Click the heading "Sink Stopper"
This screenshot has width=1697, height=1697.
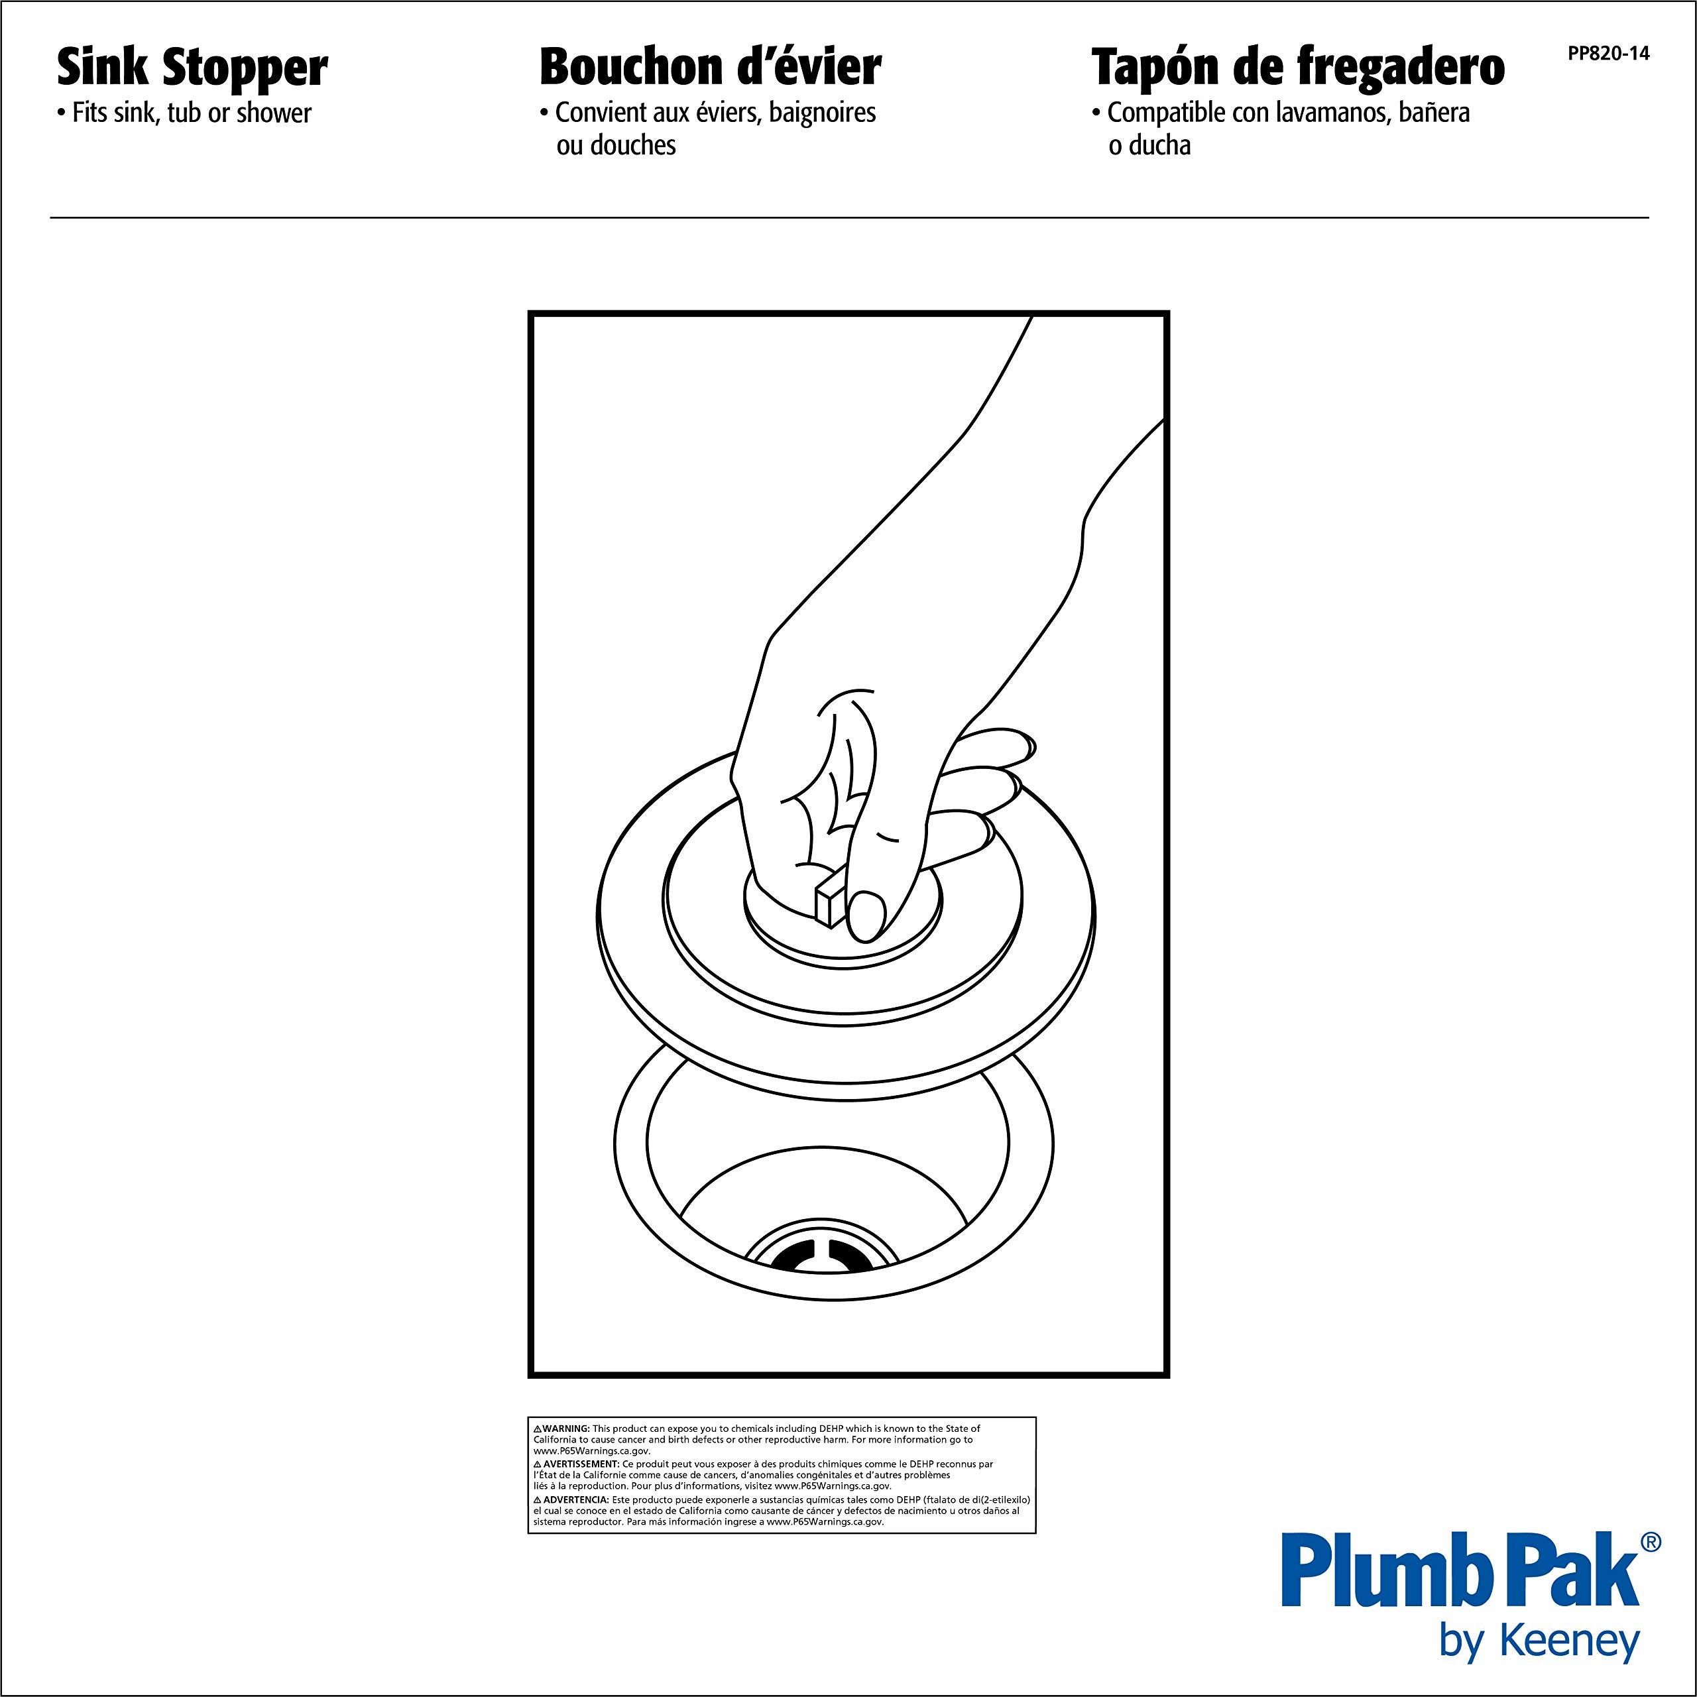click(192, 68)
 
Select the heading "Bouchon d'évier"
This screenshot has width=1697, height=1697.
click(710, 68)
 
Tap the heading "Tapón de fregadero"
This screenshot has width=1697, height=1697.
click(1297, 68)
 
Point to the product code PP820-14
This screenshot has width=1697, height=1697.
click(1608, 54)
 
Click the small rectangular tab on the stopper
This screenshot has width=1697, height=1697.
click(830, 900)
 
